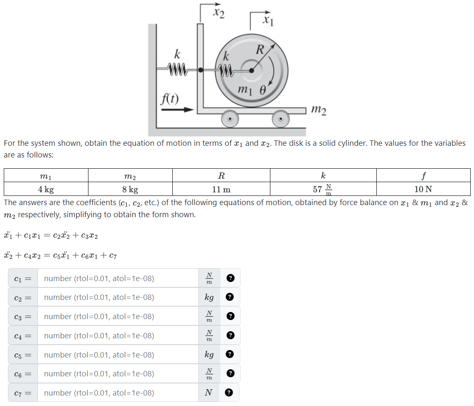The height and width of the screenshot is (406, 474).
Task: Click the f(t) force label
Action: tap(169, 98)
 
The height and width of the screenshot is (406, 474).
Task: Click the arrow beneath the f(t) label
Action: tap(178, 110)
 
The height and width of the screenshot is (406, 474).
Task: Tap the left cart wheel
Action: tap(229, 119)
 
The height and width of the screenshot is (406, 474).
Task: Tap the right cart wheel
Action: tap(281, 119)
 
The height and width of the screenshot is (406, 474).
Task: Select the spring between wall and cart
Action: tap(177, 66)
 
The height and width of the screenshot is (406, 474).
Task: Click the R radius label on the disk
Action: tap(260, 50)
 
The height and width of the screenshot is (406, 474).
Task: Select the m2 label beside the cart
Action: tap(319, 110)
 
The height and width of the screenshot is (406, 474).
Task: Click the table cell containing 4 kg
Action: tap(46, 189)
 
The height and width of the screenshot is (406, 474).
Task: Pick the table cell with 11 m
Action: tap(221, 189)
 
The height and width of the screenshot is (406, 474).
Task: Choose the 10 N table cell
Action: tap(423, 189)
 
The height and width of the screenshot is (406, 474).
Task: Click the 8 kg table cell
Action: tap(130, 189)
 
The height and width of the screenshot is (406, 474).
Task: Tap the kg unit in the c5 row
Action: tap(209, 355)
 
